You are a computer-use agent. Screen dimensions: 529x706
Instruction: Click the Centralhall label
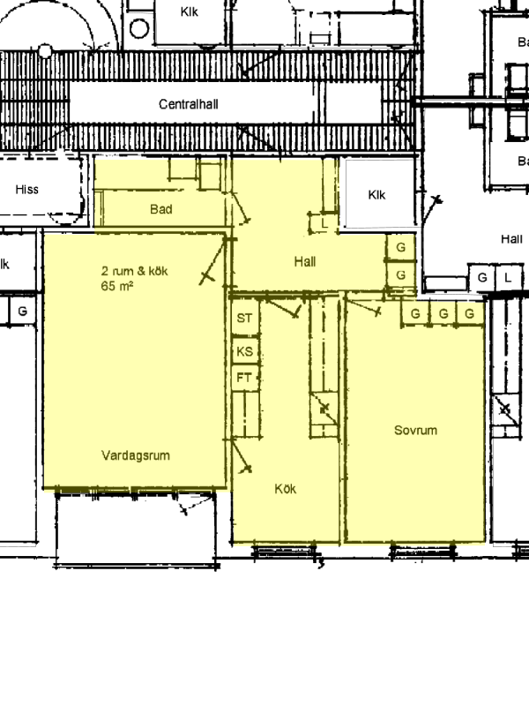(x=189, y=104)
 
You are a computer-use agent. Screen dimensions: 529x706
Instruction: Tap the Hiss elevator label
(x=27, y=189)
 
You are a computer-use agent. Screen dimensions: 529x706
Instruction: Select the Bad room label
(x=161, y=209)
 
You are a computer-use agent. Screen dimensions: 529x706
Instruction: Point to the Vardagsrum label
(x=136, y=455)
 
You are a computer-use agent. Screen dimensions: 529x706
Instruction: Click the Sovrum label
(x=415, y=431)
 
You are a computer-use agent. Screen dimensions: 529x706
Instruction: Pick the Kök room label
(x=285, y=489)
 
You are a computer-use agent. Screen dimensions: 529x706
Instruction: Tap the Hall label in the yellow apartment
(x=305, y=261)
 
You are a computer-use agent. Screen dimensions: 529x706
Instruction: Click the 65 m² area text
(x=117, y=286)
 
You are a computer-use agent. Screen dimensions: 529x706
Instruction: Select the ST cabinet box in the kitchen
(x=245, y=318)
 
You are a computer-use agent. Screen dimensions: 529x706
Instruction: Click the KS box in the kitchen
(x=245, y=350)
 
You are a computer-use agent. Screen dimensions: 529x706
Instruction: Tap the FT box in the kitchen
(x=245, y=378)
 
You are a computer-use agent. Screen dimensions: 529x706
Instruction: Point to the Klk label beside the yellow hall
(x=376, y=195)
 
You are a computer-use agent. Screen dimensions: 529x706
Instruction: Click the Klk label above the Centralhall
(x=189, y=11)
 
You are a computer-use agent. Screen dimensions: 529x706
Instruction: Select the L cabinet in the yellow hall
(x=324, y=223)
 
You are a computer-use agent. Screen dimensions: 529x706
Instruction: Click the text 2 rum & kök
(x=135, y=271)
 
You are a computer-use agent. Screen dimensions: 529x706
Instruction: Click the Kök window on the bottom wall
(x=284, y=551)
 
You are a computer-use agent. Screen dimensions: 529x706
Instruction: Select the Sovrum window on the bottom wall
(x=423, y=551)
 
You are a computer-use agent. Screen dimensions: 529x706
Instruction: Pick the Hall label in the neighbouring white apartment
(x=512, y=238)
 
